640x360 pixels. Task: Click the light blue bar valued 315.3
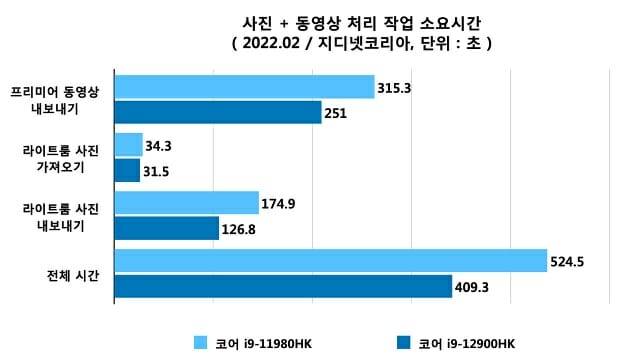(244, 87)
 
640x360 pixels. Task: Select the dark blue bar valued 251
(218, 112)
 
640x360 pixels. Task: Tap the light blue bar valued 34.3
(129, 146)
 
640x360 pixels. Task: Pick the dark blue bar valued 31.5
(127, 171)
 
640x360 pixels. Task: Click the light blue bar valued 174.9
(186, 204)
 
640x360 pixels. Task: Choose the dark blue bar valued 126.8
(166, 229)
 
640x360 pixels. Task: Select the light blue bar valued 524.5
(330, 262)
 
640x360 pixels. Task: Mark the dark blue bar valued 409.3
(283, 287)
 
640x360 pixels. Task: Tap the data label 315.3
(395, 88)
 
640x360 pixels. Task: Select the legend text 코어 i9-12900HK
(467, 343)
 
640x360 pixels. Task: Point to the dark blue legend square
(404, 343)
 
